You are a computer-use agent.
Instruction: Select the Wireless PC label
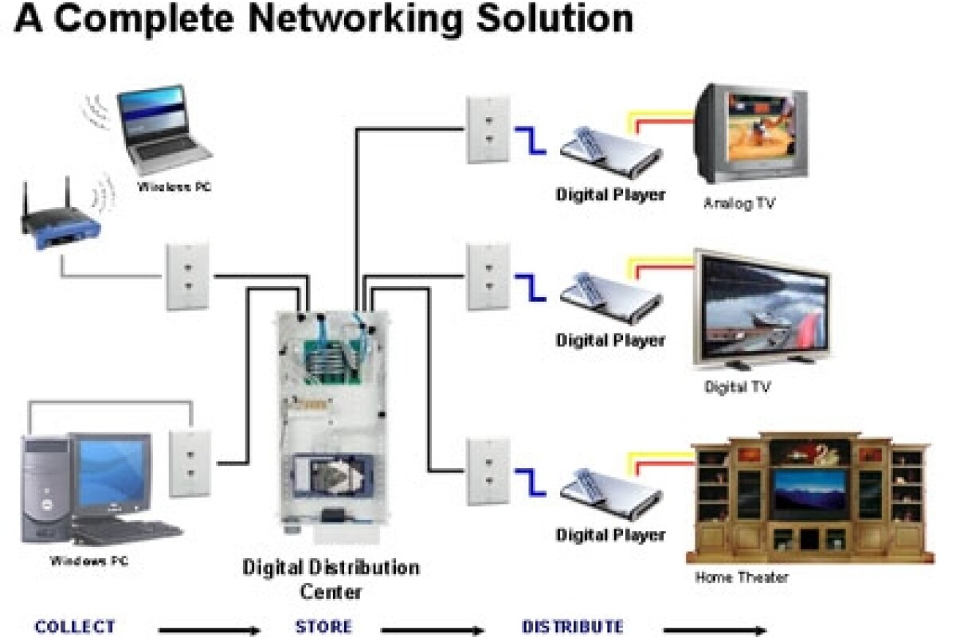click(174, 188)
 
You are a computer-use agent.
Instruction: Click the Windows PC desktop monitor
click(112, 473)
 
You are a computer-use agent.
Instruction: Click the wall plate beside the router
click(188, 276)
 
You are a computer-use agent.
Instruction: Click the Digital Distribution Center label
click(331, 580)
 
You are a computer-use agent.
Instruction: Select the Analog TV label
click(739, 204)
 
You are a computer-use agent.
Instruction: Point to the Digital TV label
click(737, 388)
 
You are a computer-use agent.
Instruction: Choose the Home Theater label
click(742, 577)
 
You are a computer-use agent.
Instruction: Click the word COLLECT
click(75, 627)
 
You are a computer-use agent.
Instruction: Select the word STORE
click(323, 627)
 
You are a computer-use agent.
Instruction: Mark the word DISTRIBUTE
click(572, 627)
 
